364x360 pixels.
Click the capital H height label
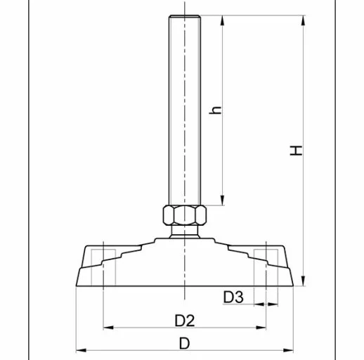coord(298,150)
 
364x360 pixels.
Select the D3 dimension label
coord(233,297)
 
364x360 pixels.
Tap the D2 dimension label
coord(184,320)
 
